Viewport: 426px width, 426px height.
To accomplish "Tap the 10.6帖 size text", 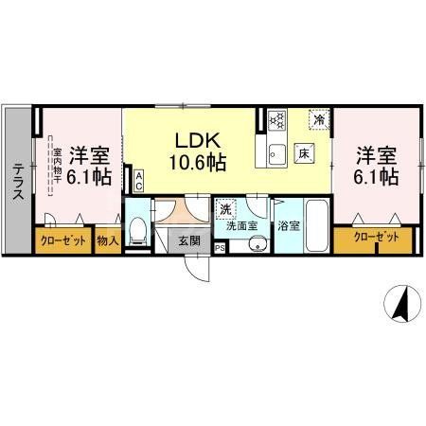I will [198, 162].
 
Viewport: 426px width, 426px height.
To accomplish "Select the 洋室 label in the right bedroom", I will [375, 152].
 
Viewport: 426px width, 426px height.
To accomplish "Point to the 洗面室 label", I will [241, 227].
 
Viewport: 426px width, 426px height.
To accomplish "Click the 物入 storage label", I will [107, 241].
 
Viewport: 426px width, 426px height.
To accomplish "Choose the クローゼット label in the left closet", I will [63, 241].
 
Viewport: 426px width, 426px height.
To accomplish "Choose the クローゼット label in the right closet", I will [376, 238].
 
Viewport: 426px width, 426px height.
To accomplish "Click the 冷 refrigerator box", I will [321, 119].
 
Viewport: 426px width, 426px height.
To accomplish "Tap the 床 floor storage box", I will [305, 152].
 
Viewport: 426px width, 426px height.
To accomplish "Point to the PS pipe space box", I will [221, 248].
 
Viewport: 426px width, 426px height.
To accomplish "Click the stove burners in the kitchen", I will [276, 120].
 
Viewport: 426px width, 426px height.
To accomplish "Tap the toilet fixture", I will [138, 228].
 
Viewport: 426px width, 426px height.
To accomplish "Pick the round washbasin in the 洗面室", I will [253, 245].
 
